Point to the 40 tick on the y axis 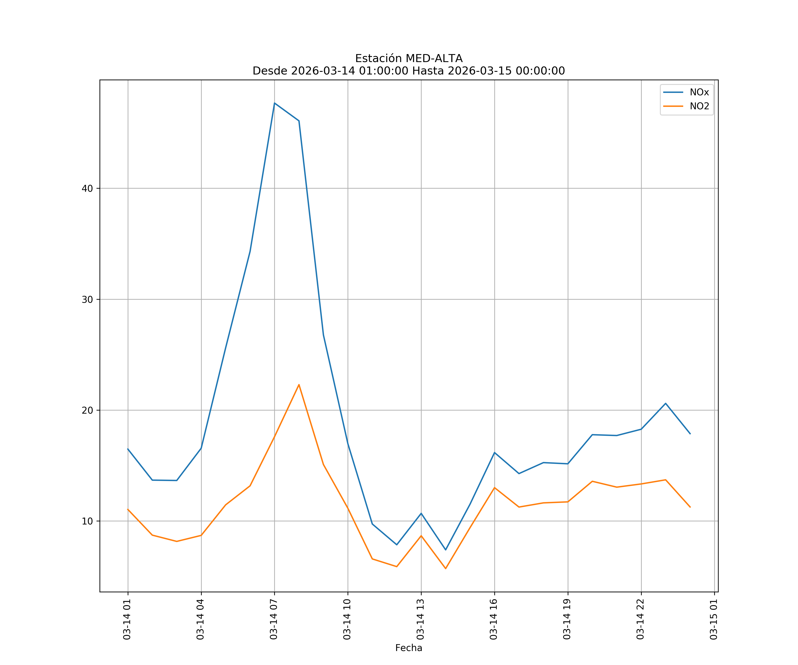(87, 188)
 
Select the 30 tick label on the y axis (87, 299)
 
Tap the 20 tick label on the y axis (87, 410)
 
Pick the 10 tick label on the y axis (87, 521)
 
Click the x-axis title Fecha (409, 648)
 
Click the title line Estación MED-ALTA (409, 59)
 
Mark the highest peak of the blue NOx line (274, 103)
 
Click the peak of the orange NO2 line (299, 385)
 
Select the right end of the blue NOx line (690, 434)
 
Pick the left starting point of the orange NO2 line (128, 509)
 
